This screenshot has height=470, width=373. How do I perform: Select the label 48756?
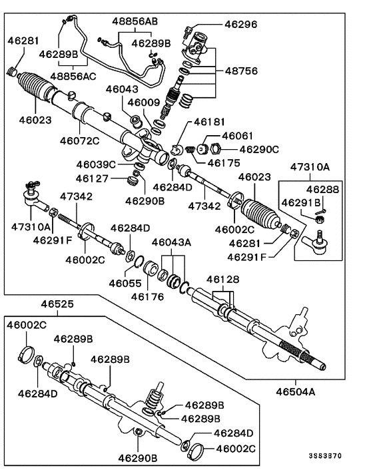(242, 69)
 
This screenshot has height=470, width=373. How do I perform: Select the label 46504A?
(291, 391)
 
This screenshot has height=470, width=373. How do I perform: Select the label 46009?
(144, 103)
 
